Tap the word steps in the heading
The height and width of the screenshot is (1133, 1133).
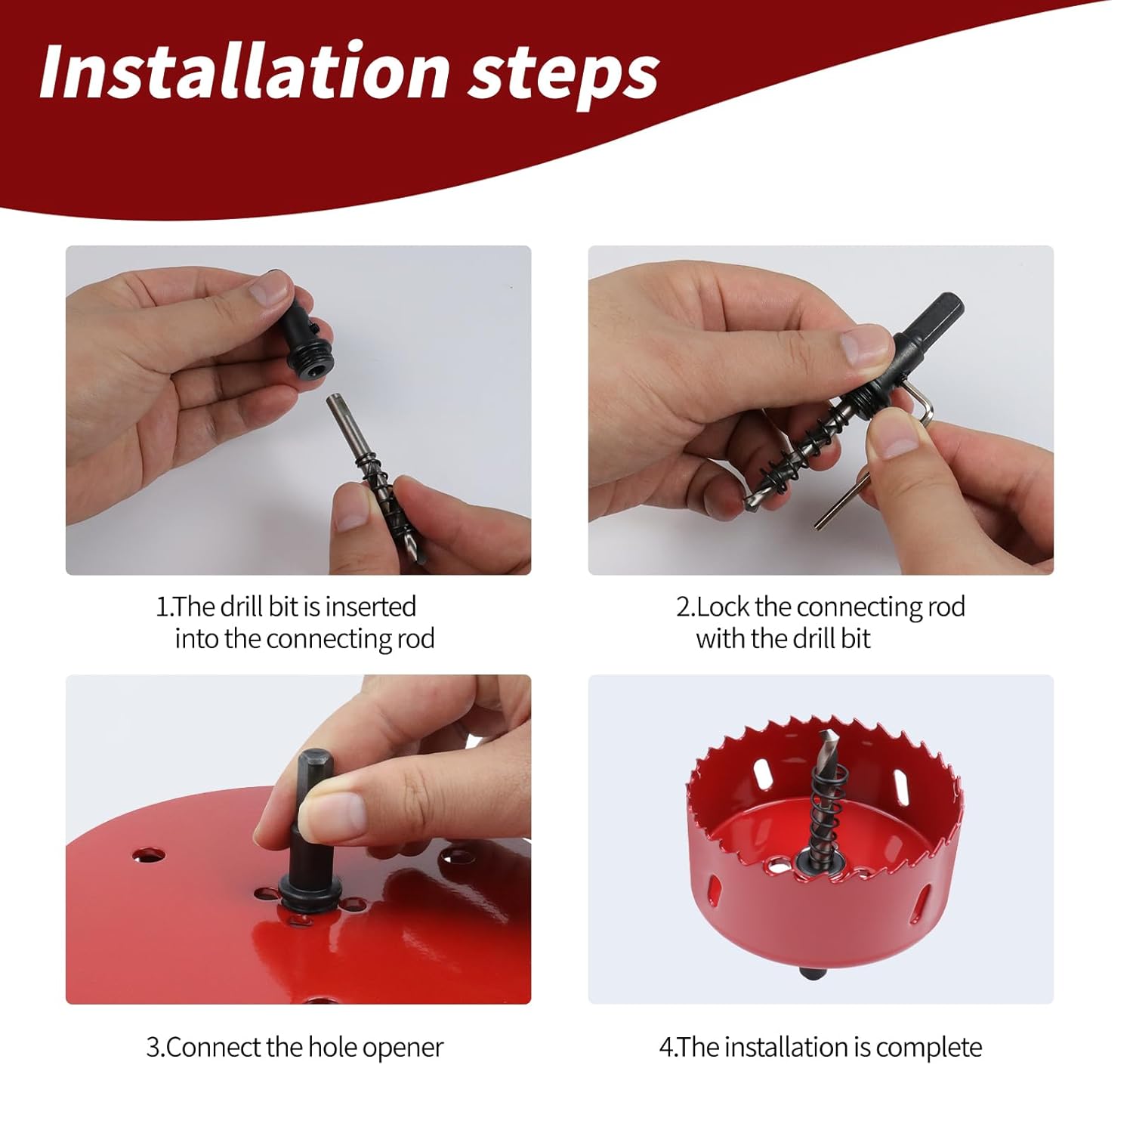[x=563, y=76]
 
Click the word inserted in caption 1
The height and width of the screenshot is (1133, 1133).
[x=371, y=607]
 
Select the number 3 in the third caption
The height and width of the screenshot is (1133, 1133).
[x=152, y=1048]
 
